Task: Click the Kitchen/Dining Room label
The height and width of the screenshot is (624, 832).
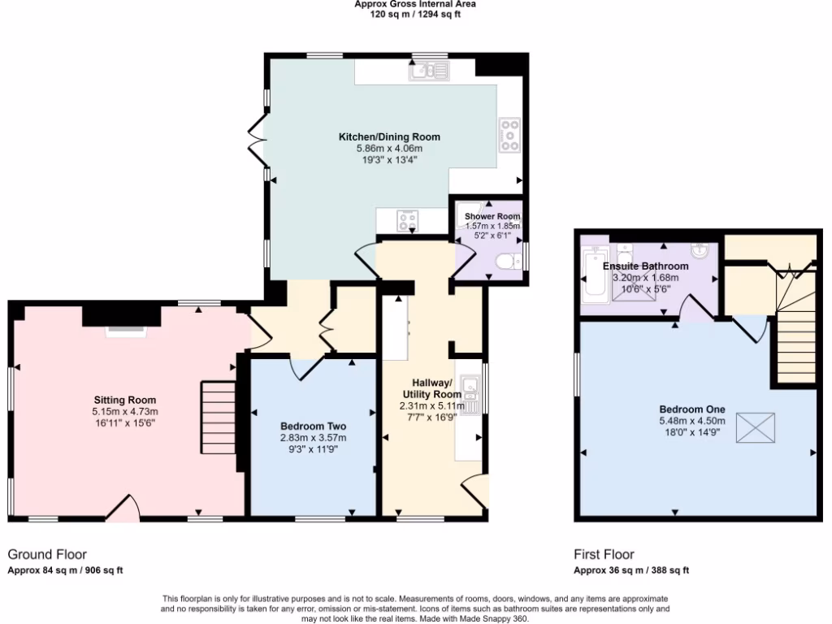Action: (x=389, y=136)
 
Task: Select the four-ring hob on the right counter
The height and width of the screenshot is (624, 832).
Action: (x=509, y=136)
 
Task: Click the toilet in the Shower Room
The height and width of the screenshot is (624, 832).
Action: (x=508, y=262)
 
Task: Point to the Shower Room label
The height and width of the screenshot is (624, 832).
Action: (x=492, y=216)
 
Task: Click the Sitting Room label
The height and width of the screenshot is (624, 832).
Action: (x=124, y=400)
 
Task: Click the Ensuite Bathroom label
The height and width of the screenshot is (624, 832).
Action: (x=645, y=266)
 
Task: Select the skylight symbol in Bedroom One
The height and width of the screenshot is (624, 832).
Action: (x=756, y=427)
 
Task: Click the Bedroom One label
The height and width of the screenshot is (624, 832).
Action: (x=692, y=409)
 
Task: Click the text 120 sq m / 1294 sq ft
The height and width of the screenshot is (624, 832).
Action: (x=415, y=15)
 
